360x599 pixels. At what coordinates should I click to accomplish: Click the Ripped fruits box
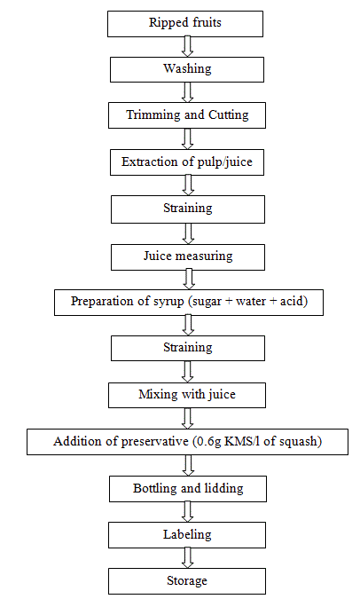point(185,24)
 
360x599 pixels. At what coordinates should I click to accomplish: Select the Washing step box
point(187,69)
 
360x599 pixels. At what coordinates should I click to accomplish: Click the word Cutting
point(228,115)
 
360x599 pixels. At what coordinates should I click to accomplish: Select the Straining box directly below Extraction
point(188,209)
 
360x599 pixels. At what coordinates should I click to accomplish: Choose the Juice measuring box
point(188,257)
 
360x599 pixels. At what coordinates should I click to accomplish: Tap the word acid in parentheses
point(292,301)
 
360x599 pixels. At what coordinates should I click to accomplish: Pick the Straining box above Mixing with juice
point(188,348)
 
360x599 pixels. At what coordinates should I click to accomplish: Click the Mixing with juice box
point(187,396)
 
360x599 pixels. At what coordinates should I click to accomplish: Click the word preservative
point(154,442)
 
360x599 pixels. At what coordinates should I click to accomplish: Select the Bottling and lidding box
point(188,489)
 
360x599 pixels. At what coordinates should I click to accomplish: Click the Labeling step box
point(187,535)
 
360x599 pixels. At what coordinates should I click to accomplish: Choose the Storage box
point(187,581)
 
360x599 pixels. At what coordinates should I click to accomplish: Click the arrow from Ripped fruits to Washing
point(187,47)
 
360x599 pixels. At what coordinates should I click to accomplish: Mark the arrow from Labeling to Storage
point(187,558)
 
